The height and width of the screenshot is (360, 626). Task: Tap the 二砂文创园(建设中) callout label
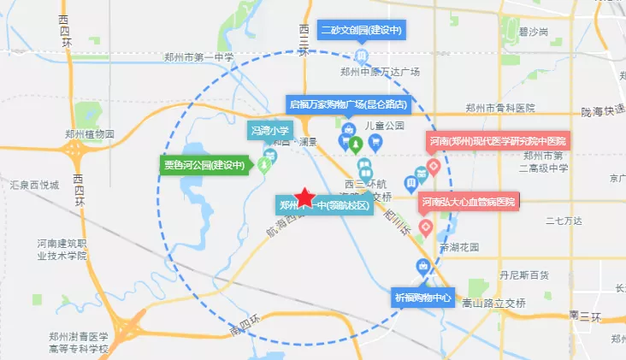click(361, 30)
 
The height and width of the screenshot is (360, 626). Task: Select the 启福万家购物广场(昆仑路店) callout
click(348, 104)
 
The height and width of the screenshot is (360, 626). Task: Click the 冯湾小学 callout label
click(270, 131)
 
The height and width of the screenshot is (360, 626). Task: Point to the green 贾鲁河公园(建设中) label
click(204, 165)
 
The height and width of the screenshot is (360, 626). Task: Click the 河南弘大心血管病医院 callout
click(468, 203)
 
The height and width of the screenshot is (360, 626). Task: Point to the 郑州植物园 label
click(89, 133)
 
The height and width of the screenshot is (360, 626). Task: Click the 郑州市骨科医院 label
click(499, 108)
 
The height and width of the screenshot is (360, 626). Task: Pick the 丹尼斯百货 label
click(523, 276)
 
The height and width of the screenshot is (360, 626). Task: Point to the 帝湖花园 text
click(459, 247)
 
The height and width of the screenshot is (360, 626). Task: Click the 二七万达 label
click(565, 222)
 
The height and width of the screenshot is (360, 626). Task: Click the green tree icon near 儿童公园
click(358, 140)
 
